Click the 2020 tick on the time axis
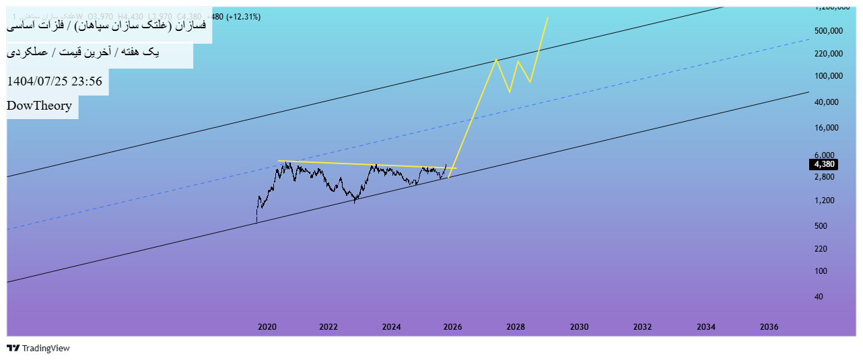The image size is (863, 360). (x=267, y=327)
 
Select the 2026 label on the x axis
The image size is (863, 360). (x=452, y=327)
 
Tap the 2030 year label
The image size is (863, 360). (x=579, y=327)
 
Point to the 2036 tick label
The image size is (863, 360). (x=769, y=327)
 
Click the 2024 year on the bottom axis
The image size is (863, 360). (x=391, y=327)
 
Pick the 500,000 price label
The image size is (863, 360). (x=829, y=31)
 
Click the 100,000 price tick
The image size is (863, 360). (x=829, y=76)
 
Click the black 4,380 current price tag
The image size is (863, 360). (x=824, y=164)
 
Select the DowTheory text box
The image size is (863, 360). (x=40, y=106)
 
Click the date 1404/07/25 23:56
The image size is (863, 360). (x=55, y=82)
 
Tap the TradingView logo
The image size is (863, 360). (x=38, y=349)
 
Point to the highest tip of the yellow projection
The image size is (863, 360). (x=547, y=17)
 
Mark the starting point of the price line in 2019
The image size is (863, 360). (x=256, y=222)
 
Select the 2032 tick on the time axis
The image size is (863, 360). (x=642, y=327)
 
